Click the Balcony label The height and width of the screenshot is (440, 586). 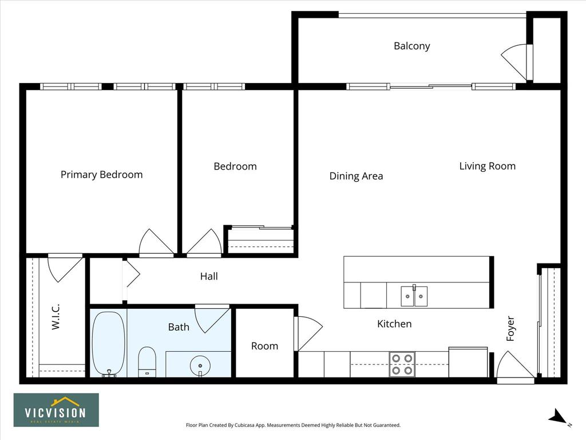pyautogui.click(x=412, y=46)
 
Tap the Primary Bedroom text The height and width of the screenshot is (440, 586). pyautogui.click(x=102, y=175)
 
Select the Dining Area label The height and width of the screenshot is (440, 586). pyautogui.click(x=356, y=176)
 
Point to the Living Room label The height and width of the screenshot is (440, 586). pyautogui.click(x=488, y=166)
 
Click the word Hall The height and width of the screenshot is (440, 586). pyautogui.click(x=209, y=276)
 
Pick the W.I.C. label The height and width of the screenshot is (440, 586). pyautogui.click(x=56, y=316)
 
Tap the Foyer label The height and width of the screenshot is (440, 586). pyautogui.click(x=510, y=328)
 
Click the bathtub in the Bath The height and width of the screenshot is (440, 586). pyautogui.click(x=109, y=344)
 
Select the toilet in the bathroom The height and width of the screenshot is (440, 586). pyautogui.click(x=147, y=362)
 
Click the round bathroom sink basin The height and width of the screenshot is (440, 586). pyautogui.click(x=200, y=366)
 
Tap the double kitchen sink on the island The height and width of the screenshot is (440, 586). pyautogui.click(x=414, y=296)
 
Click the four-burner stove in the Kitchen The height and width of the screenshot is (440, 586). pyautogui.click(x=402, y=364)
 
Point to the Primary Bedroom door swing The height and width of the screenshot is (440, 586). pyautogui.click(x=156, y=242)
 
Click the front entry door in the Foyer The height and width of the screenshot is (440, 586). pyautogui.click(x=516, y=367)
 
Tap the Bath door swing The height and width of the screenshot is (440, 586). pyautogui.click(x=212, y=319)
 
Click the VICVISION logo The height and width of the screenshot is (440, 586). pyautogui.click(x=57, y=410)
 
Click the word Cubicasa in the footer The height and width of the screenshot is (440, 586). pyautogui.click(x=244, y=425)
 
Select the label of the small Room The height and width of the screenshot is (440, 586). pyautogui.click(x=264, y=346)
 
